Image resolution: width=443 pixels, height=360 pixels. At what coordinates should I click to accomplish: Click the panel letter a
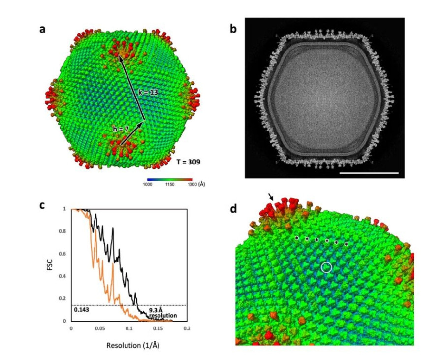pos(43,29)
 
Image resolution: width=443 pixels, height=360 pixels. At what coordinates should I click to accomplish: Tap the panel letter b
pos(234,29)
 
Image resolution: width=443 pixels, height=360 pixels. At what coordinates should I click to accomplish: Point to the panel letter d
pos(234,209)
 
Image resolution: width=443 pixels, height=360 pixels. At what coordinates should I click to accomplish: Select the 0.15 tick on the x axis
pos(158,327)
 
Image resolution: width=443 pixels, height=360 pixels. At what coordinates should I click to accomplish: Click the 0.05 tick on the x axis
pos(100,327)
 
